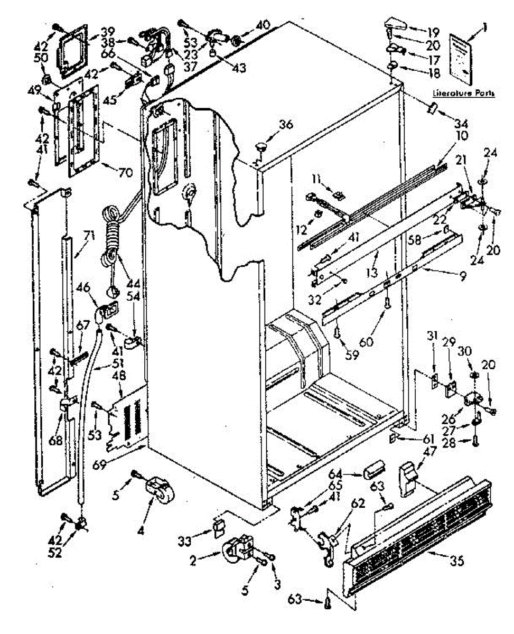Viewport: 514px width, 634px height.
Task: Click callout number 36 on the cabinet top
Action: [286, 125]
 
